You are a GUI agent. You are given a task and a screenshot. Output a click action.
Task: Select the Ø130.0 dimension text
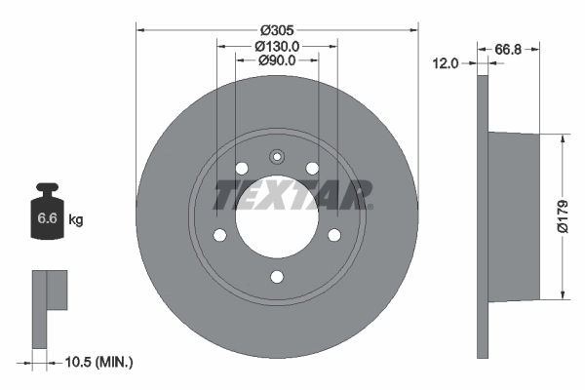277,46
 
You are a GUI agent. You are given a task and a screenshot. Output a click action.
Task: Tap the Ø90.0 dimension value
277,61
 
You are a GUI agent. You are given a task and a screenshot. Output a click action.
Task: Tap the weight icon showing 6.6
48,217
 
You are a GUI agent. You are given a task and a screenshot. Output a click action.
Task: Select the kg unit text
75,220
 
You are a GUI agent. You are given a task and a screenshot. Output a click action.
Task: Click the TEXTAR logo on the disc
292,195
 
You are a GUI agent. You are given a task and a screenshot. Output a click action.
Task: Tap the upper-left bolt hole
241,169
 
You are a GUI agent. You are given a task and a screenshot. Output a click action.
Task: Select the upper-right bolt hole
312,169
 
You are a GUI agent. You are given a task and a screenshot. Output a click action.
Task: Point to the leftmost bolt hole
219,235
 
